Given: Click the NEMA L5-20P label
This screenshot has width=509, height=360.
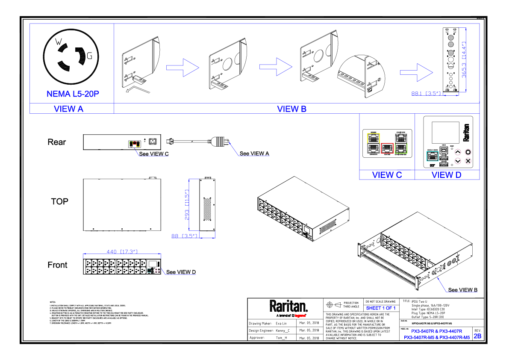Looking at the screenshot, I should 73,94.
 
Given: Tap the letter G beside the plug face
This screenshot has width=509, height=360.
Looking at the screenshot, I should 89,55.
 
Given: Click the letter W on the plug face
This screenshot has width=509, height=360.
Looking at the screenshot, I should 59,41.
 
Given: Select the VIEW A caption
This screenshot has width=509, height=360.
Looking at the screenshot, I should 68,109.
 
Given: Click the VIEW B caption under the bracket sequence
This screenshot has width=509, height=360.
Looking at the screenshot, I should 291,109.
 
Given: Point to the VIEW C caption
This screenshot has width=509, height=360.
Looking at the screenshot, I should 387,174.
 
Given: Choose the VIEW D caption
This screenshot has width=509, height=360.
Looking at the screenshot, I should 446,174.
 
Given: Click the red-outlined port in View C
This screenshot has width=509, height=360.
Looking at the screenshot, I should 387,148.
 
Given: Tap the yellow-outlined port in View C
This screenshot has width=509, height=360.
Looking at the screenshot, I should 373,138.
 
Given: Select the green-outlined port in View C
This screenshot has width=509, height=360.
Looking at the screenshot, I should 401,148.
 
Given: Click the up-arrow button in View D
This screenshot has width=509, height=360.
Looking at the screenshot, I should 458,152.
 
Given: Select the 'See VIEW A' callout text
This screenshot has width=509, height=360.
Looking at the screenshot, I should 254,153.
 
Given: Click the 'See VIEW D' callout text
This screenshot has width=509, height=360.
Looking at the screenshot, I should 181,272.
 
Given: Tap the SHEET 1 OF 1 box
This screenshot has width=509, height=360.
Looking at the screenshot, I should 380,308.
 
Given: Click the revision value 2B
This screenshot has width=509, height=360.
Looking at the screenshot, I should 477,336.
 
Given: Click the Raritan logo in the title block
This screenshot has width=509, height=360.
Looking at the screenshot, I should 288,306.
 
